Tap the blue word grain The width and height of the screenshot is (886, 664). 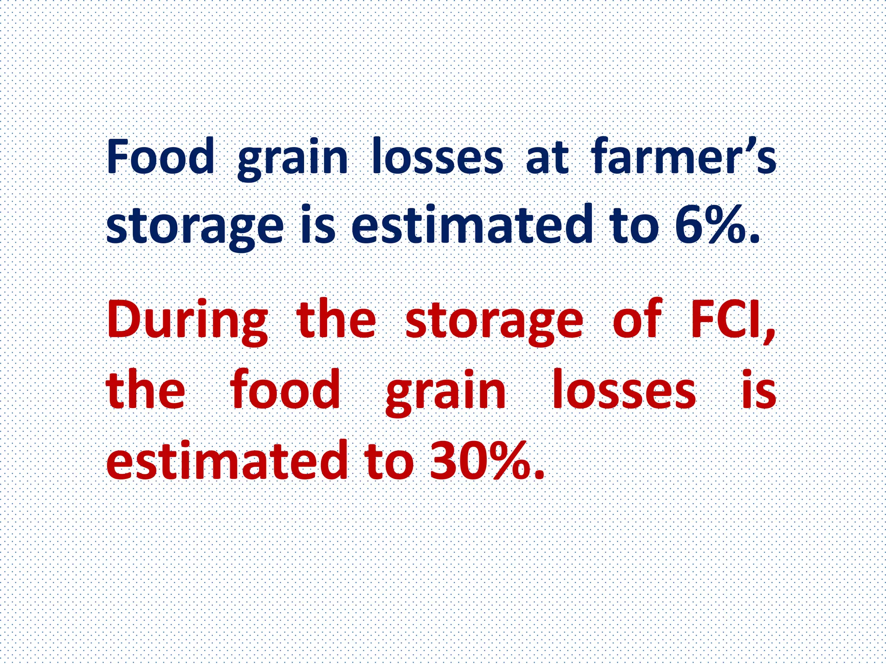click(293, 159)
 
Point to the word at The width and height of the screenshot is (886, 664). click(547, 156)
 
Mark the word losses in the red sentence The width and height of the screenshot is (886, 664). click(624, 389)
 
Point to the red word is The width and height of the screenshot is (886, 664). click(759, 389)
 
